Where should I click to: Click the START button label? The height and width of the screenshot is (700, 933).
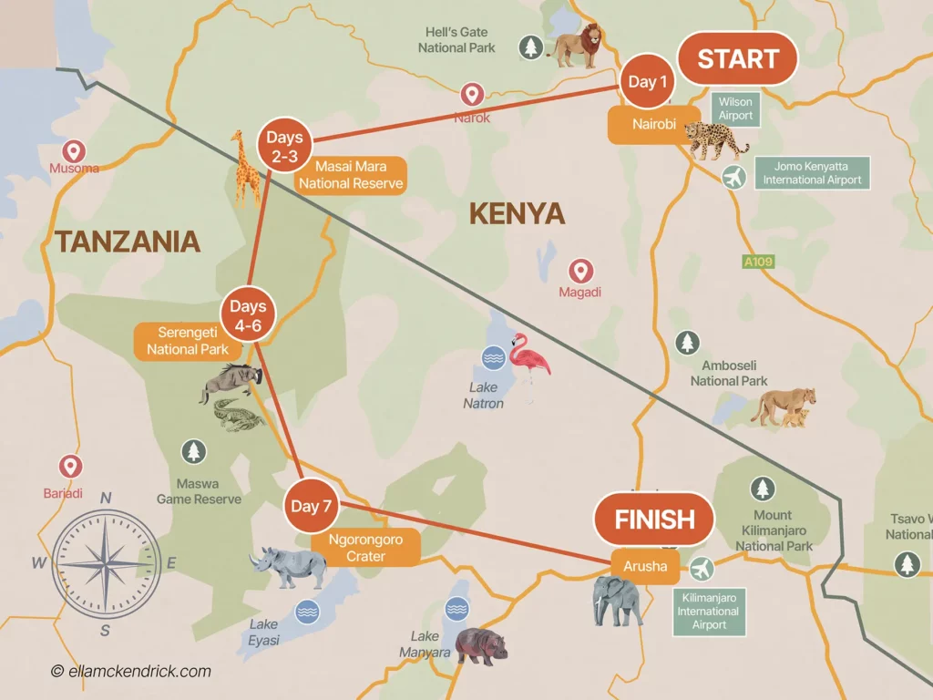point(737,59)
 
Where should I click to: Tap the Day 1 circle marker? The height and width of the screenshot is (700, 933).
point(648,82)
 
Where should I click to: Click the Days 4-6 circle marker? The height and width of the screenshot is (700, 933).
point(247,315)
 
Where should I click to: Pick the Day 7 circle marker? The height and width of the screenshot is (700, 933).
point(311,506)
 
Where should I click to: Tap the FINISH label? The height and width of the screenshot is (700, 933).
point(654,520)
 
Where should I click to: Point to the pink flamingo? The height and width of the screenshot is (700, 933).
point(528,362)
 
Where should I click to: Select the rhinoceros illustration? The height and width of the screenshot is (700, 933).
point(290,567)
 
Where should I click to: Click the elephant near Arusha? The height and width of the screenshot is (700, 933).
point(618,601)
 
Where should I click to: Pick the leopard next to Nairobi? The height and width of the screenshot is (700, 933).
point(716,141)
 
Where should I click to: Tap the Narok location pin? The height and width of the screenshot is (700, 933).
point(471,95)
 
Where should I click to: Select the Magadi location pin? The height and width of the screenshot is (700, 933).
point(580,271)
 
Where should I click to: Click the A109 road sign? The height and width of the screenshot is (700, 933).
point(757,262)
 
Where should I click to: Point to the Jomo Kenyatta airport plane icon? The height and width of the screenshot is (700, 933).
point(733,177)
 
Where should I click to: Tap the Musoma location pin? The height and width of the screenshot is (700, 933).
point(72,152)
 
